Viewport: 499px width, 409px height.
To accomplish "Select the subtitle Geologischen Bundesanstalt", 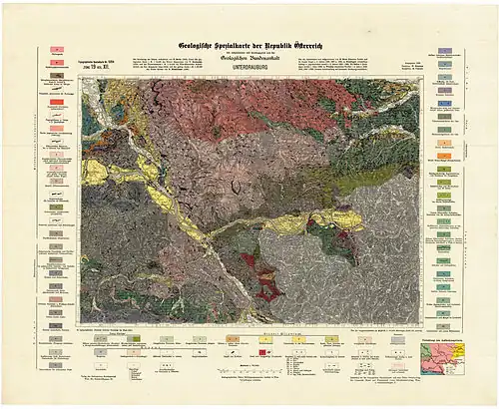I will pos(249,61).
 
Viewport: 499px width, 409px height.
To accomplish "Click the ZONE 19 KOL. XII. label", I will pos(98,67).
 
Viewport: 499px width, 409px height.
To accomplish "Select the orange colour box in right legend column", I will pos(444,156).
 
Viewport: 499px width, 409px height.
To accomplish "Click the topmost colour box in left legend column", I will pos(57,48).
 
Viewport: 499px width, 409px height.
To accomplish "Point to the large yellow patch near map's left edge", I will pos(95,172).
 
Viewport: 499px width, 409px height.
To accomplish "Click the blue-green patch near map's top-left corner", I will pos(90,118).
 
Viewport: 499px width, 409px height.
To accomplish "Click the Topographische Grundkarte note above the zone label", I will pos(98,59).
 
